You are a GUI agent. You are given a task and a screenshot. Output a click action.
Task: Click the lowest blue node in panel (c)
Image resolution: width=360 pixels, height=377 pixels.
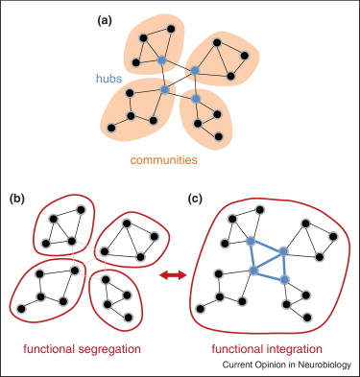pyautogui.click(x=284, y=279)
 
